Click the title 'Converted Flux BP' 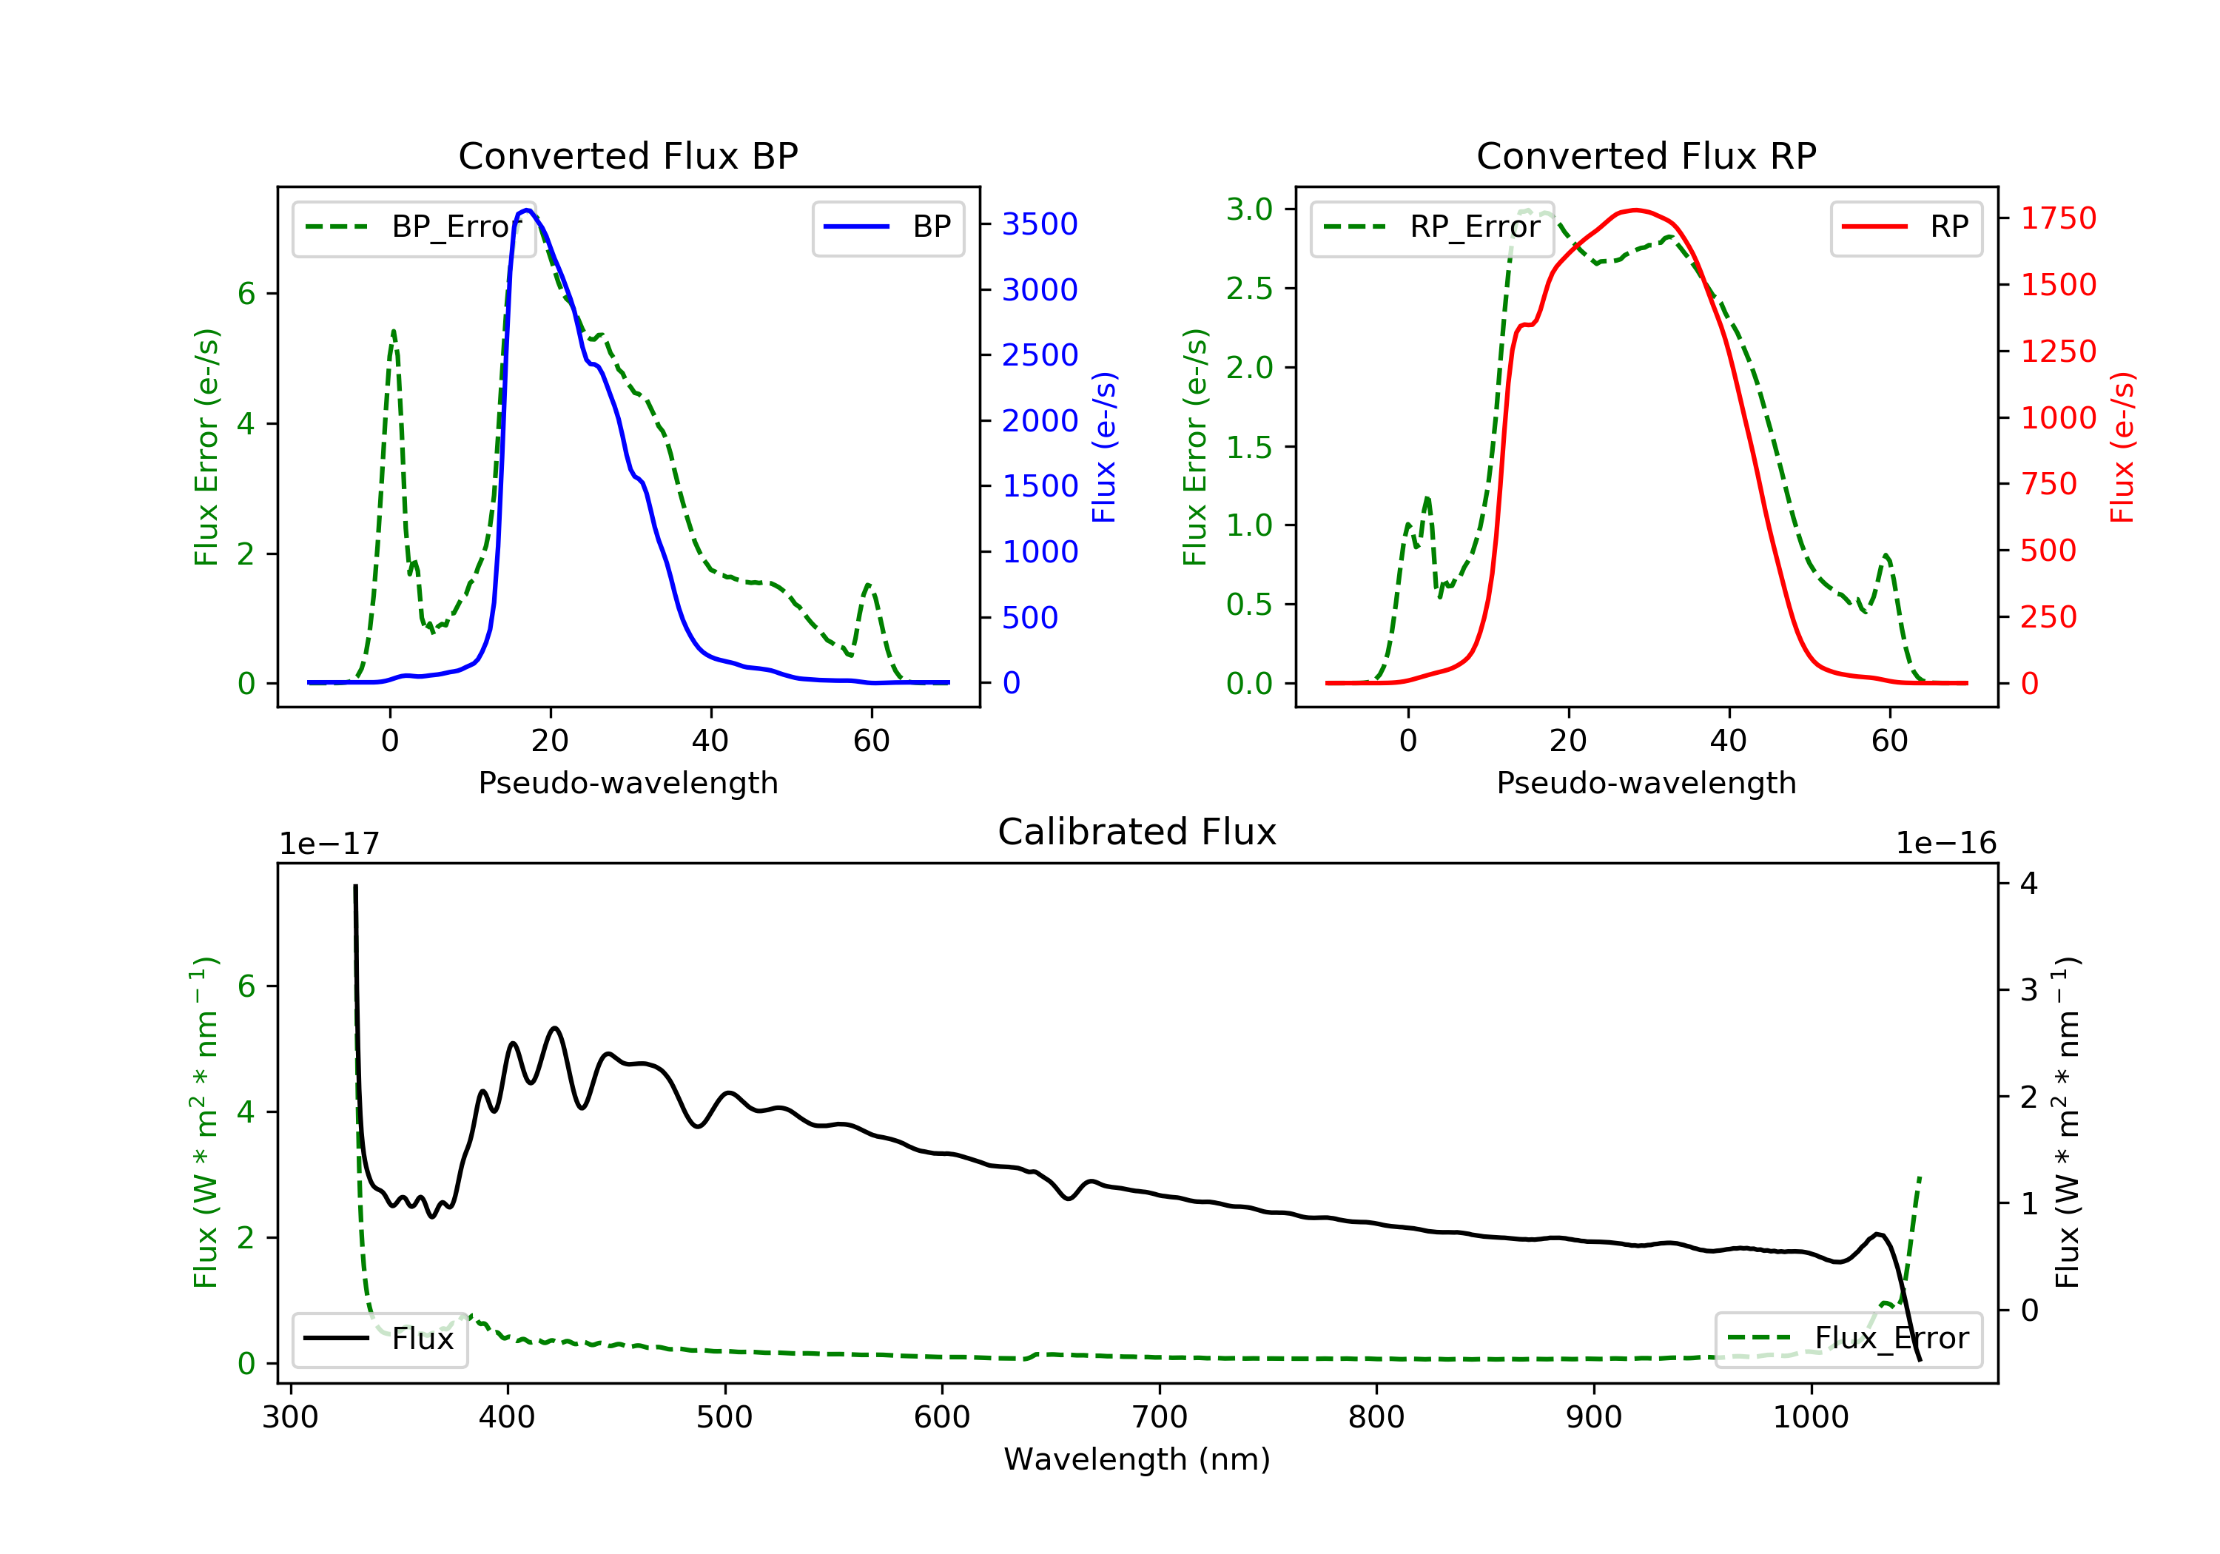pyautogui.click(x=628, y=155)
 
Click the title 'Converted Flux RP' pyautogui.click(x=1646, y=155)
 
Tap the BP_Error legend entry pyautogui.click(x=414, y=227)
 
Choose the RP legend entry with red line pyautogui.click(x=1905, y=227)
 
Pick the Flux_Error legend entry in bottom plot pyautogui.click(x=1848, y=1339)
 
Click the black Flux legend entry pyautogui.click(x=380, y=1339)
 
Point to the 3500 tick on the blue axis pyautogui.click(x=1040, y=224)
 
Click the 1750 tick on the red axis pyautogui.click(x=2057, y=218)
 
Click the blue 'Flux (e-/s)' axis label pyautogui.click(x=1104, y=447)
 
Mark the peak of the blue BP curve pyautogui.click(x=527, y=210)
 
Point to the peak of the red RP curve pyautogui.click(x=1634, y=210)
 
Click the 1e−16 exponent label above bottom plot pyautogui.click(x=1945, y=844)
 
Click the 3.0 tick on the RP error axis pyautogui.click(x=1249, y=209)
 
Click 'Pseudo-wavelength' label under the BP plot pyautogui.click(x=628, y=782)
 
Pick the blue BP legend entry pyautogui.click(x=887, y=227)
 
